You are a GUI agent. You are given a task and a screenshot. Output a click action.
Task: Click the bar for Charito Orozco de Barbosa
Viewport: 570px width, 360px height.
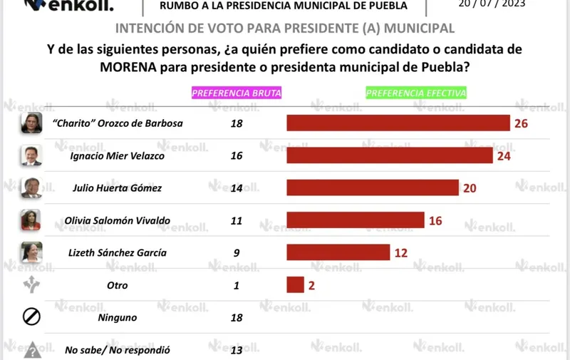(x=398, y=123)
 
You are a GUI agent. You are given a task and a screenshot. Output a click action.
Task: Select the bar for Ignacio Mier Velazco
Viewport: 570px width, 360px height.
(x=390, y=155)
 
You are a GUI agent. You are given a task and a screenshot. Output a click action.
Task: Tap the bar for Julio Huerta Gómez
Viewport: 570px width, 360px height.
(x=373, y=187)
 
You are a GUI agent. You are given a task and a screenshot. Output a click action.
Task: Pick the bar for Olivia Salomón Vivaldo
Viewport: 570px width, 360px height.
(x=355, y=220)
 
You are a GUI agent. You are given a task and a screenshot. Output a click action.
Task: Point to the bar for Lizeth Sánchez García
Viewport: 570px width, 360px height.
(x=338, y=252)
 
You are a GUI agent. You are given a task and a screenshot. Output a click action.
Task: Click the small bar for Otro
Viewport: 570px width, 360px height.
(x=295, y=284)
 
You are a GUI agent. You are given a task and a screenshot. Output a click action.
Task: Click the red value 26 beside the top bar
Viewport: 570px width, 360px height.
(x=521, y=123)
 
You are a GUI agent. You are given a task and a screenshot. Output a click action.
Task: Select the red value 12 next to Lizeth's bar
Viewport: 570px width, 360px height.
(x=401, y=253)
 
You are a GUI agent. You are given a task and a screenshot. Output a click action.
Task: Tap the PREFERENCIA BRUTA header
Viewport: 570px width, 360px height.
(x=237, y=93)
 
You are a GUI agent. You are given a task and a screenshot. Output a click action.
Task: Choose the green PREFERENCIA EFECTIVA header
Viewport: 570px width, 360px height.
(x=416, y=93)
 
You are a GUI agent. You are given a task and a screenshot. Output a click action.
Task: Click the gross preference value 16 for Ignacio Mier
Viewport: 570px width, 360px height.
(x=237, y=155)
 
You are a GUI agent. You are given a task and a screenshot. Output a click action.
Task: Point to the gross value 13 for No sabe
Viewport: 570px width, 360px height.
(x=237, y=350)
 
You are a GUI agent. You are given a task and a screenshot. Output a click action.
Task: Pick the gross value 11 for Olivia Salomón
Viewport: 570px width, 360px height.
(x=237, y=221)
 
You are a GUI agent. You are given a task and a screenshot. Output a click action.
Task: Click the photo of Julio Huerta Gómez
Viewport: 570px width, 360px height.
(x=31, y=187)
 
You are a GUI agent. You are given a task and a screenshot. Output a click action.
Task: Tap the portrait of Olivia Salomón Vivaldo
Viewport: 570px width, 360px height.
(x=31, y=220)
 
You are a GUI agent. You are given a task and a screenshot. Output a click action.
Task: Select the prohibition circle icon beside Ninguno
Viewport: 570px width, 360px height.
(x=31, y=317)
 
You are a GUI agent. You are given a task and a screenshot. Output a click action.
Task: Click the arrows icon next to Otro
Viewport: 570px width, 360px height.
(x=31, y=284)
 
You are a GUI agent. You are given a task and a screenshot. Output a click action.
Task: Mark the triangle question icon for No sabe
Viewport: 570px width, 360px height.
(x=32, y=351)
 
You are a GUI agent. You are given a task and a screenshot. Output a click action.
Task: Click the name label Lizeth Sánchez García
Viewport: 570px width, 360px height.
(x=118, y=253)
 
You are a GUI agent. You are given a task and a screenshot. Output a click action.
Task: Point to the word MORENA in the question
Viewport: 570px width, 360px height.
(x=128, y=67)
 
